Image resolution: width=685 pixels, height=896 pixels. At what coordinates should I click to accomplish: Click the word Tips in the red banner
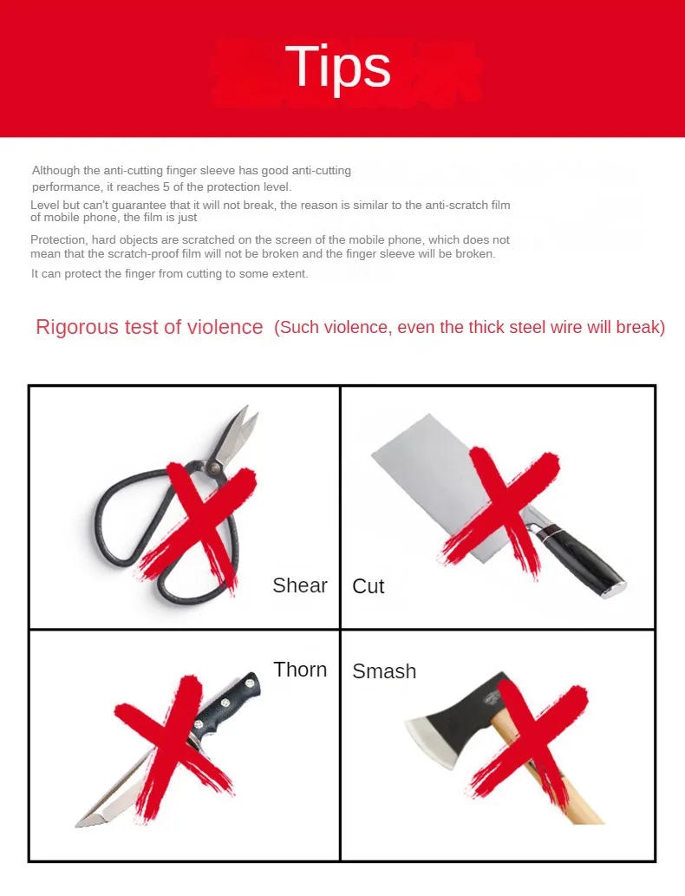337,67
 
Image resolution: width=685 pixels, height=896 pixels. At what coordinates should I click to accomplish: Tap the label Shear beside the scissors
300,585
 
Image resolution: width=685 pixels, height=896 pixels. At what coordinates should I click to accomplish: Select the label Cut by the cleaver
369,586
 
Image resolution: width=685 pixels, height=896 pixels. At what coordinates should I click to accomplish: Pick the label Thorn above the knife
300,670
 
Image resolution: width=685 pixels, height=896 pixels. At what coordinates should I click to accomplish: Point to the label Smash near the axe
384,671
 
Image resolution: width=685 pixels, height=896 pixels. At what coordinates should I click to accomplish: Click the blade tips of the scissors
247,417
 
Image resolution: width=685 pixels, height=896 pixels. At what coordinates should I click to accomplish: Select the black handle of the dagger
227,703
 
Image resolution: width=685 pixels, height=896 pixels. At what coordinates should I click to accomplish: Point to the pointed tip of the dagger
81,823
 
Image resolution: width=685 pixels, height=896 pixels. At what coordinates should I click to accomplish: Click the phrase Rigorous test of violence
149,327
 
